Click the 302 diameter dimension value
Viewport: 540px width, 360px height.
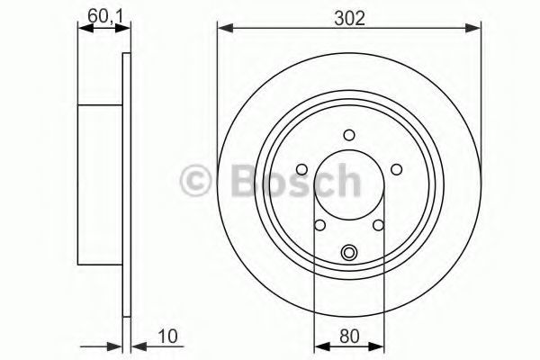pyautogui.click(x=349, y=18)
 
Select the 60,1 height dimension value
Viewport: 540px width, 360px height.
pyautogui.click(x=105, y=16)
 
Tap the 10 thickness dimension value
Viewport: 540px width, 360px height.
pyautogui.click(x=167, y=336)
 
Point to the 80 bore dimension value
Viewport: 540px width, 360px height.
pyautogui.click(x=349, y=336)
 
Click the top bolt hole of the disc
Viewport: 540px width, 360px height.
pyautogui.click(x=349, y=135)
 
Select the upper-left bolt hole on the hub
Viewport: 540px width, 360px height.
pyautogui.click(x=302, y=169)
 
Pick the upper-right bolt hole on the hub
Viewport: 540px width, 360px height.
pyautogui.click(x=396, y=169)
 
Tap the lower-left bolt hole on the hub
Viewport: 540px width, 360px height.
pyautogui.click(x=319, y=225)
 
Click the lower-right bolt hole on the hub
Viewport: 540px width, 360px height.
pyautogui.click(x=379, y=225)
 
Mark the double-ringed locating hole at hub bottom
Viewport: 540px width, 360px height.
pyautogui.click(x=349, y=253)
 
